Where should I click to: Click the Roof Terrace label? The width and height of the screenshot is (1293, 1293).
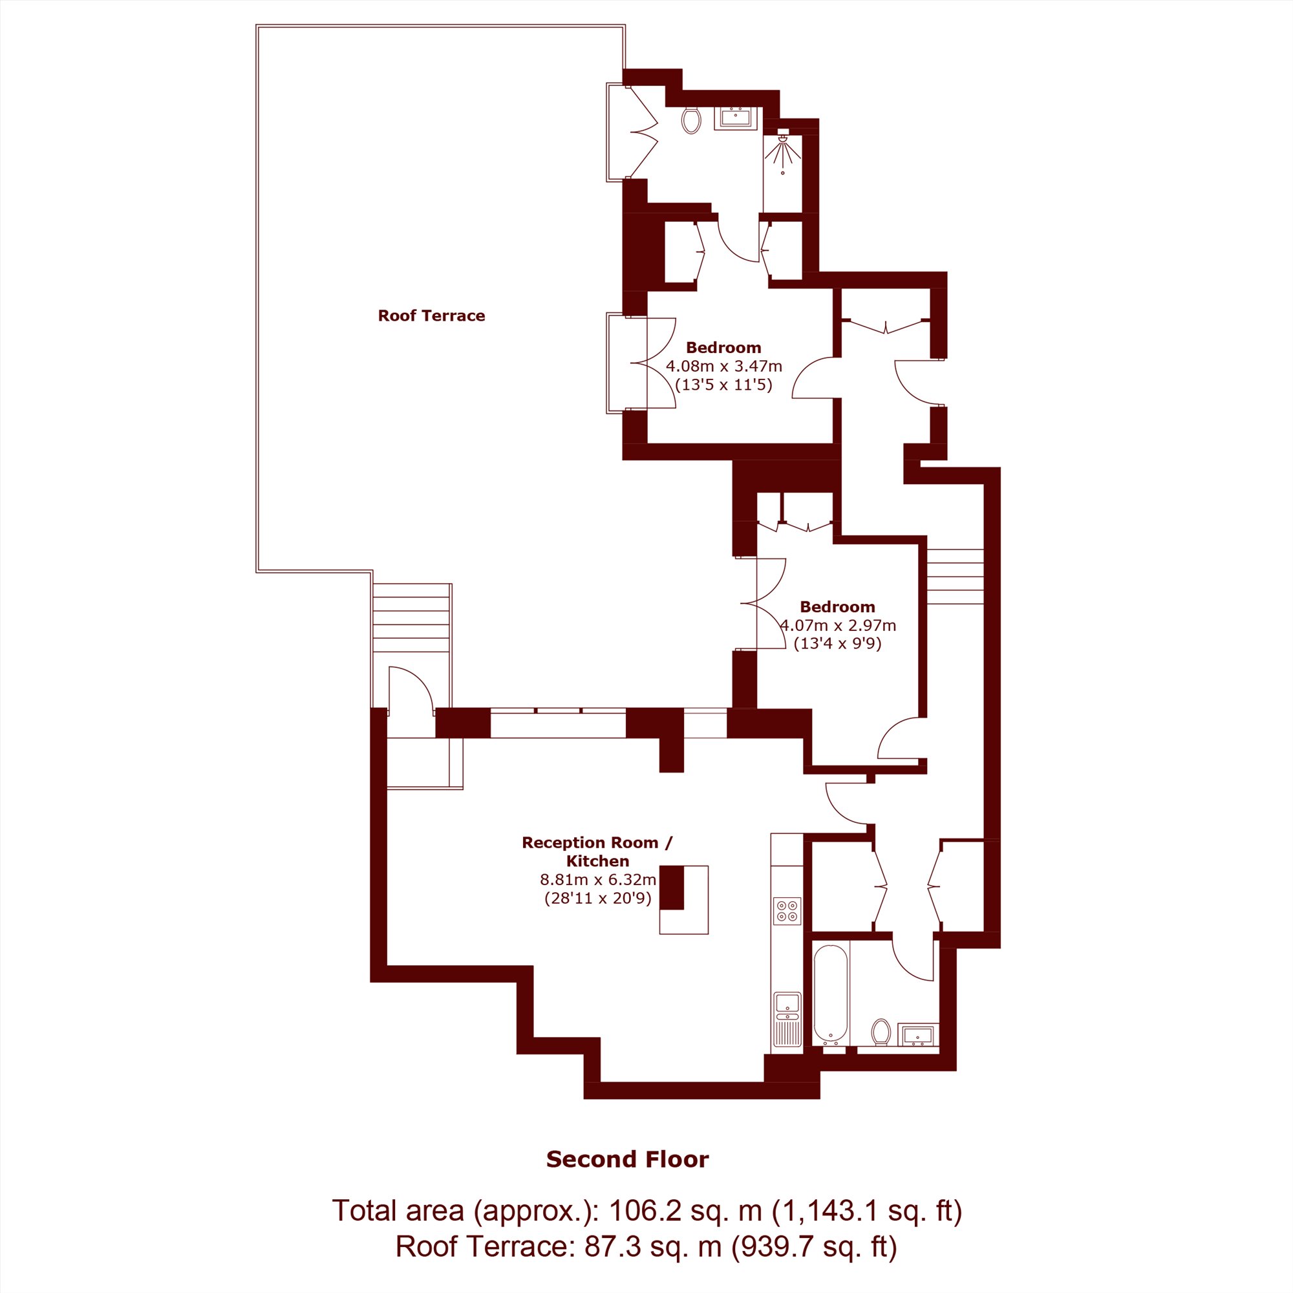point(431,316)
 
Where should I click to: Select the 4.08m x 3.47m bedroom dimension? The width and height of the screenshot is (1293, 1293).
point(723,366)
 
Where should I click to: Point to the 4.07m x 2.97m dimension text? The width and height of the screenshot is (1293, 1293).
point(838,626)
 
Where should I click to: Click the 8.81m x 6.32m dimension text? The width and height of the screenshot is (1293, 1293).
point(597,879)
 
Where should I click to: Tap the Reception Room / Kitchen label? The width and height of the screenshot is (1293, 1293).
point(597,852)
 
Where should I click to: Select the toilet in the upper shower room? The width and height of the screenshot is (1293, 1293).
point(691,120)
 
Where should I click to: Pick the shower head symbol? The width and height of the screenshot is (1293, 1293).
point(782,148)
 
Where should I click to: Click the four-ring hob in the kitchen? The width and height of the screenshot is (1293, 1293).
point(786,911)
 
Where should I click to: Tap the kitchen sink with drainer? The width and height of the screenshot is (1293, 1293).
point(787,1019)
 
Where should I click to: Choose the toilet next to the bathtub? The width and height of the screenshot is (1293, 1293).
point(881,1031)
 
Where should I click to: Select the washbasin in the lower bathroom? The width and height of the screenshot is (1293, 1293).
point(917,1034)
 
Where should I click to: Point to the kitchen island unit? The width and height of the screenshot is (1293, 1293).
point(683,899)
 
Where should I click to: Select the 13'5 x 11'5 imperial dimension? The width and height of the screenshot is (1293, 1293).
point(723,385)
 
